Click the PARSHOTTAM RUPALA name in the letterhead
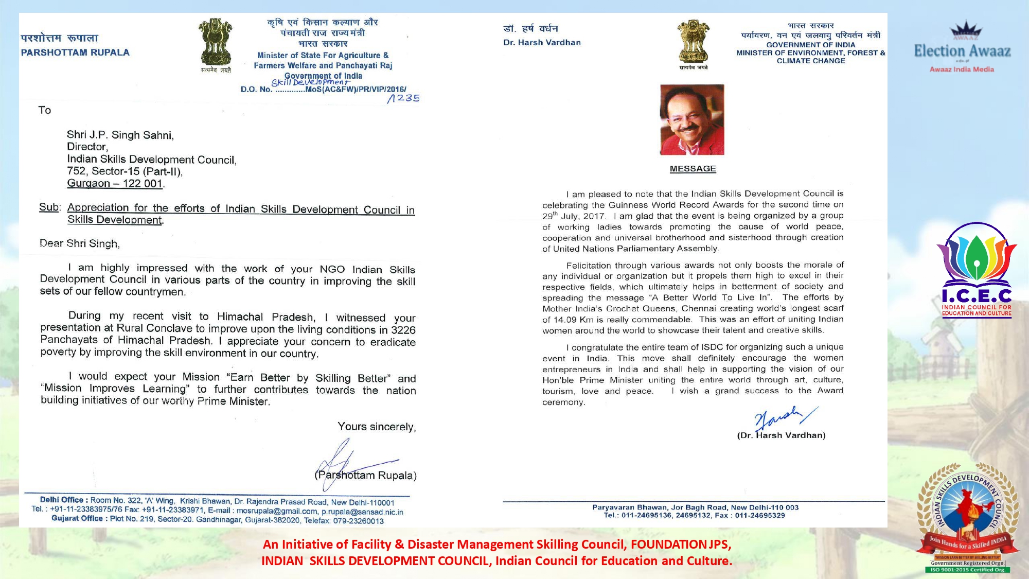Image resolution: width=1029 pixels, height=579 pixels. (x=75, y=52)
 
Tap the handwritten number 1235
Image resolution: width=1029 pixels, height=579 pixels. (x=404, y=98)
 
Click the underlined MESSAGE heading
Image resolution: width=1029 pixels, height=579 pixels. (x=693, y=169)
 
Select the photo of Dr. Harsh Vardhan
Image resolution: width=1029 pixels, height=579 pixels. (x=692, y=119)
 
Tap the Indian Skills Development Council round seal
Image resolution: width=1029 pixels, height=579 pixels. (x=968, y=515)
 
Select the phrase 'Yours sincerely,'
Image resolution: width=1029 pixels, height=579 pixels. (x=377, y=427)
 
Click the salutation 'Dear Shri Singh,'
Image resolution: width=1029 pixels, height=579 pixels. (x=80, y=243)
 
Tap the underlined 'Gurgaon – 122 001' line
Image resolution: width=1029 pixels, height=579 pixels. (x=115, y=184)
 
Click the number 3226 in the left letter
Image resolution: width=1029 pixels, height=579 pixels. (x=403, y=330)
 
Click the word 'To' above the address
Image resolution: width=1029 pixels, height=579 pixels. (x=45, y=110)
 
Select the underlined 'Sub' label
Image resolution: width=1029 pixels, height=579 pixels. (x=49, y=207)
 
